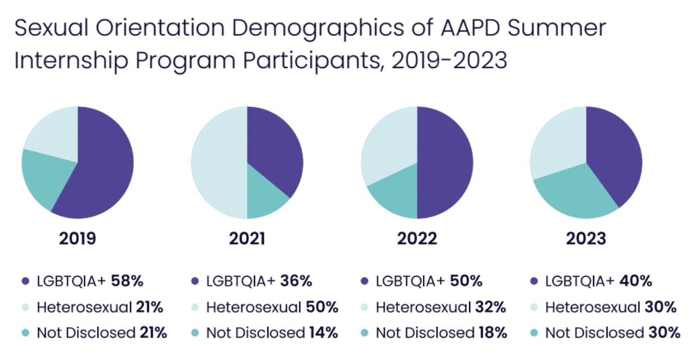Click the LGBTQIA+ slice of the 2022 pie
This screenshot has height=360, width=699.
(446, 163)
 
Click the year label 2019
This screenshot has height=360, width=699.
(77, 239)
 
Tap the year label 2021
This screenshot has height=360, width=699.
(247, 239)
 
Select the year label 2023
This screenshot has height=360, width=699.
(586, 239)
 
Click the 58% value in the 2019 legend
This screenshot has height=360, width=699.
(127, 282)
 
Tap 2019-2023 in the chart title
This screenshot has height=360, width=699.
(444, 61)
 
